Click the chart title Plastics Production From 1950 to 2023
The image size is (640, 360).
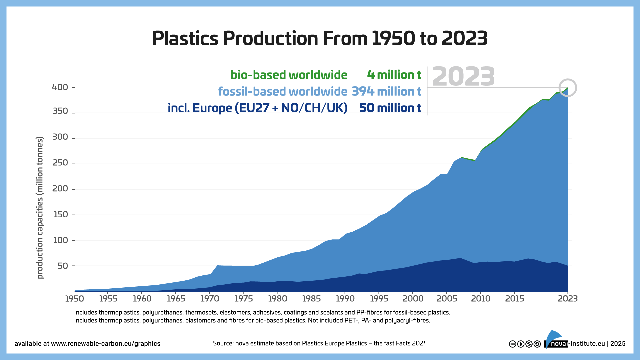(x=320, y=38)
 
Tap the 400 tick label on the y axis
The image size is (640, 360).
(x=60, y=87)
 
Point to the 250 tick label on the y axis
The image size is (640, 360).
(x=60, y=163)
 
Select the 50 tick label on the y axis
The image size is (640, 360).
(x=62, y=266)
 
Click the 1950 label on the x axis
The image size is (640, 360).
(x=74, y=299)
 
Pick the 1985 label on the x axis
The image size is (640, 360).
(x=311, y=299)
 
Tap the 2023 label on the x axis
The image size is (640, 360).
(x=567, y=299)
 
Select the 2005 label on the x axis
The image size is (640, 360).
(x=446, y=299)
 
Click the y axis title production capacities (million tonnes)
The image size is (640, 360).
(x=40, y=207)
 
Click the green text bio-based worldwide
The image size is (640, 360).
(x=289, y=75)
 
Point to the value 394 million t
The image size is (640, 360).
(x=386, y=91)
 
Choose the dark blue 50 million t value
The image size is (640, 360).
(x=390, y=108)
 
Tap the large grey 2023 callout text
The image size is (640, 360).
(x=463, y=77)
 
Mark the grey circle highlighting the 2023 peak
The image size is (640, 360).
(x=567, y=88)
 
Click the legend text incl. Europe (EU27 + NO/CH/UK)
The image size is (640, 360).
(x=257, y=108)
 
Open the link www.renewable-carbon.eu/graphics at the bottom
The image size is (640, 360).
(x=105, y=344)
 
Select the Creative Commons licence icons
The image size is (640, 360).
(x=525, y=344)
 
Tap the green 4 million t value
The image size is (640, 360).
(x=394, y=75)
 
